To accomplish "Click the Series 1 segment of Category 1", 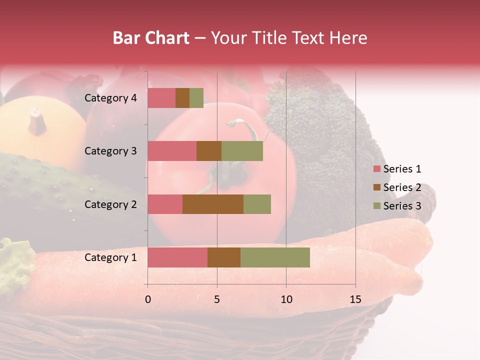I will (x=177, y=257).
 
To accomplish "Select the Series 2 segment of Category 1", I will (x=224, y=257).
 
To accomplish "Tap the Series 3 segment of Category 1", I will (x=275, y=257).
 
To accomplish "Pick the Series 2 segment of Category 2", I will (x=213, y=204).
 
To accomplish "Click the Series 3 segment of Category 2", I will (x=257, y=204).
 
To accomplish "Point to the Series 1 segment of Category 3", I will (x=172, y=151).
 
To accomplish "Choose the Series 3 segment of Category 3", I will (x=242, y=151).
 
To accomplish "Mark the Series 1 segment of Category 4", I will (x=161, y=98).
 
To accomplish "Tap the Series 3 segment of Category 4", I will (x=196, y=98).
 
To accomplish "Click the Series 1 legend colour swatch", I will (x=376, y=169).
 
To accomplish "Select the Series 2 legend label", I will (x=402, y=187).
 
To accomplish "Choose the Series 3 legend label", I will (x=402, y=206).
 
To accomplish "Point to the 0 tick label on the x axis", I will (x=148, y=299).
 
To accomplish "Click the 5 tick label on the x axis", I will (x=217, y=299).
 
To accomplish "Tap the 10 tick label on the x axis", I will (x=286, y=299).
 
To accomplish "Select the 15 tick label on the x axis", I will (x=355, y=299).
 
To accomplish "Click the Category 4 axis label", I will (x=110, y=98).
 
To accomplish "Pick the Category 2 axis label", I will (x=110, y=204).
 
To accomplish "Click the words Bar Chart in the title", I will (x=151, y=38).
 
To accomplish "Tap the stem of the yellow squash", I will (x=36, y=120).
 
